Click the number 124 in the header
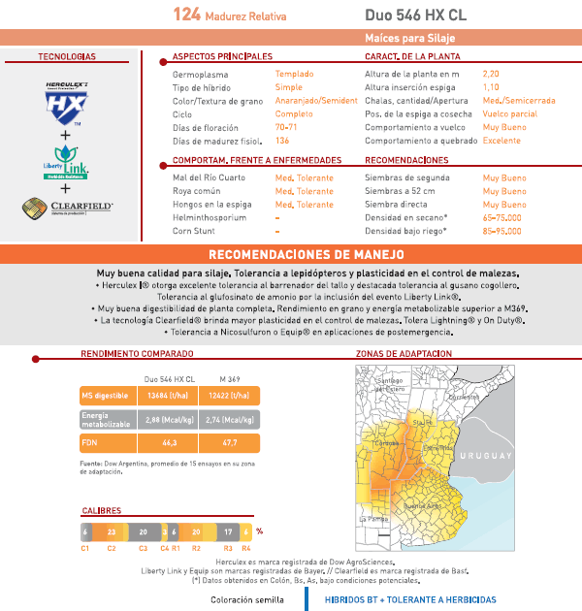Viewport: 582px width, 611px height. click(187, 15)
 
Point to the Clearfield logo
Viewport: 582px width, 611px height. click(67, 208)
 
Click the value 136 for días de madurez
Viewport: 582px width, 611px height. click(282, 141)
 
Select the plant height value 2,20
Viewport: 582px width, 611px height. click(491, 74)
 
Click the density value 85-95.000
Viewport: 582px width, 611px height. click(501, 232)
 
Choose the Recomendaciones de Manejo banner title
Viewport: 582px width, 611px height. click(290, 254)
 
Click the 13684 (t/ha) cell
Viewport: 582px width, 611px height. click(166, 396)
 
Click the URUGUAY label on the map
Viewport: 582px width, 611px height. click(485, 456)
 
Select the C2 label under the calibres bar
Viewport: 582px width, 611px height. click(112, 549)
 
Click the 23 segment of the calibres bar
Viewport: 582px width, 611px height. click(112, 531)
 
